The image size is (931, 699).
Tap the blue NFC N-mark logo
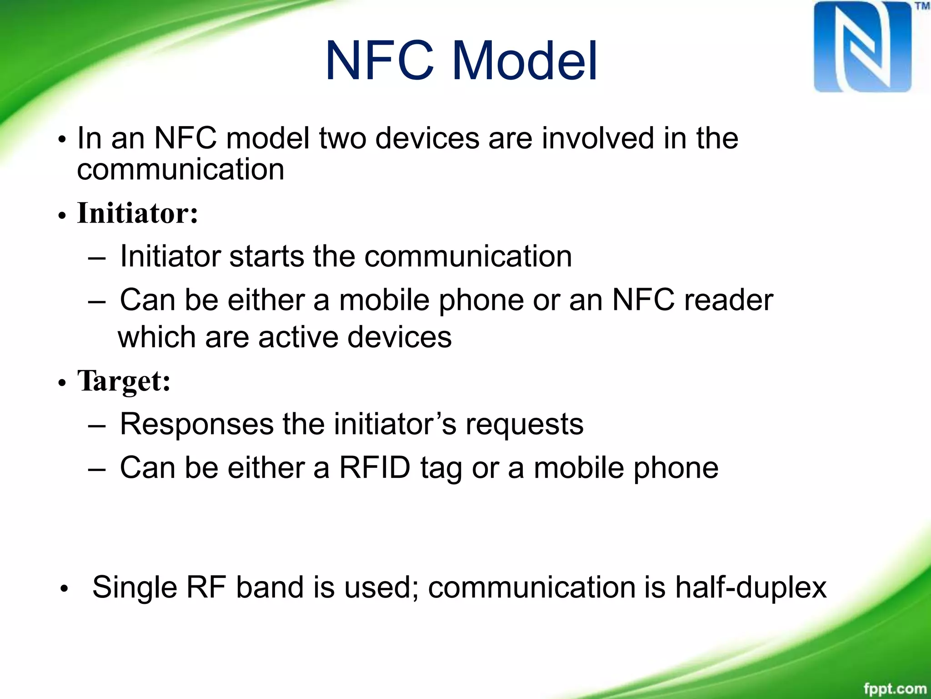(862, 47)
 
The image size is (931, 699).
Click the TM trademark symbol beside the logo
(922, 6)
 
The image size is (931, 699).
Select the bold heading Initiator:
(138, 213)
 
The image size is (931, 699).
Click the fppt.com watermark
(894, 688)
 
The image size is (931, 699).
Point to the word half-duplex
(751, 587)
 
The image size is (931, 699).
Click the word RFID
(375, 467)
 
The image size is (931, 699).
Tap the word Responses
(196, 424)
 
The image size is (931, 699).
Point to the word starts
(266, 256)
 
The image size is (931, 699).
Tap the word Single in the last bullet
(134, 587)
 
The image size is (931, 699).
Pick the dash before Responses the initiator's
(96, 425)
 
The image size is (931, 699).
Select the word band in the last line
(270, 587)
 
